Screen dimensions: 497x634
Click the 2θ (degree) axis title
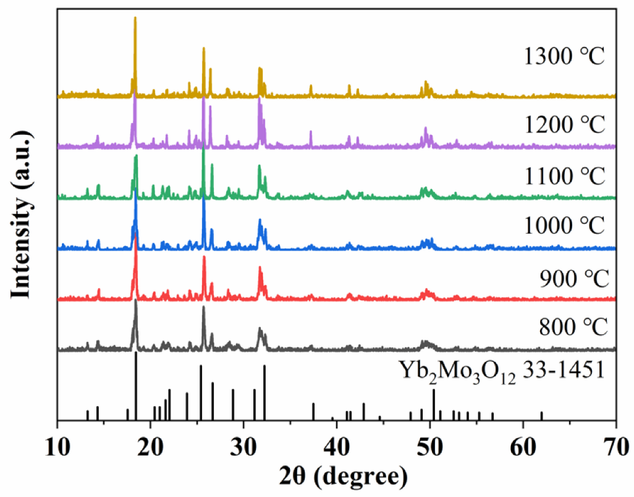337,477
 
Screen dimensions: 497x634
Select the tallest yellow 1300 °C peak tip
135,19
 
